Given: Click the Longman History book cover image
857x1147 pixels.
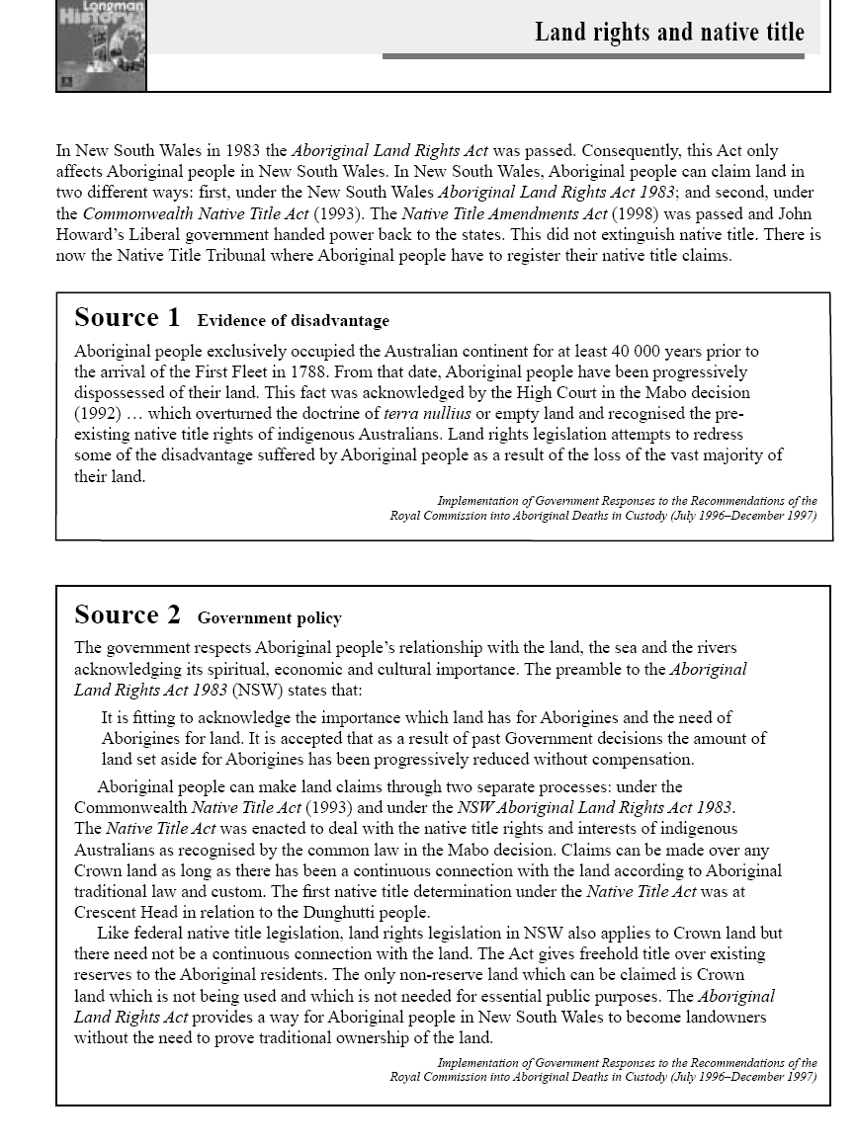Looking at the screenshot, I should pyautogui.click(x=101, y=45).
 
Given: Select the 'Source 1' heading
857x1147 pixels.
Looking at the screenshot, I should pyautogui.click(x=128, y=318).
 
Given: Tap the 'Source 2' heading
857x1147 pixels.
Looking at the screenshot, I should pyautogui.click(x=128, y=615).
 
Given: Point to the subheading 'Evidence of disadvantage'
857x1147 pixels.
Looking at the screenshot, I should pyautogui.click(x=293, y=321).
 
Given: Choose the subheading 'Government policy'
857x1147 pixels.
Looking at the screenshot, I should pyautogui.click(x=269, y=618).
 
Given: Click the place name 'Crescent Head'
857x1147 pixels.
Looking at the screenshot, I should pyautogui.click(x=120, y=912).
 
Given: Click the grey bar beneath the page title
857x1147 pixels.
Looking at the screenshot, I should pyautogui.click(x=593, y=56).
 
